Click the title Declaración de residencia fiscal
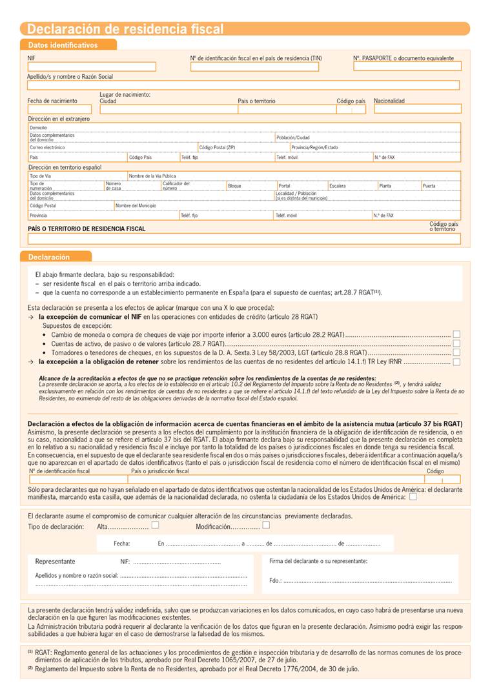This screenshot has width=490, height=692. point(125,29)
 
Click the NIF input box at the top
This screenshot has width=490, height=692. point(91,66)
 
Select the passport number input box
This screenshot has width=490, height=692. point(407,66)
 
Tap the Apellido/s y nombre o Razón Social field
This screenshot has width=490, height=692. point(243,85)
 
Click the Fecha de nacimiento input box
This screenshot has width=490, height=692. point(59,109)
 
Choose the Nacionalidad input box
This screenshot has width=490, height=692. point(417,109)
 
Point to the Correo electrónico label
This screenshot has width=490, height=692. point(47,148)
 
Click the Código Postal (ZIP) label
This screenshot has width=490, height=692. point(217,148)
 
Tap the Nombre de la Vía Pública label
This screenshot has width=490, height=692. point(152,176)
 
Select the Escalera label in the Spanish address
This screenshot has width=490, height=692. point(338,186)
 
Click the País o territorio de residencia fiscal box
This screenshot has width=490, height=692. point(243,239)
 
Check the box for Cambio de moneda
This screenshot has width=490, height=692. point(456,334)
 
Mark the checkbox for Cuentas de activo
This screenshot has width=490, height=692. point(456,343)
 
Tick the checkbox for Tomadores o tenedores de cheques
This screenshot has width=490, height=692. point(456,352)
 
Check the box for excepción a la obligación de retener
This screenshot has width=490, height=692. point(456,362)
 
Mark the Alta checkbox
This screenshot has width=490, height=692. point(155,525)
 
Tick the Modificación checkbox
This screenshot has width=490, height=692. point(265,525)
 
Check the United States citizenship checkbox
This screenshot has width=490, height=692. point(413,497)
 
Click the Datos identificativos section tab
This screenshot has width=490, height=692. point(63,45)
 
